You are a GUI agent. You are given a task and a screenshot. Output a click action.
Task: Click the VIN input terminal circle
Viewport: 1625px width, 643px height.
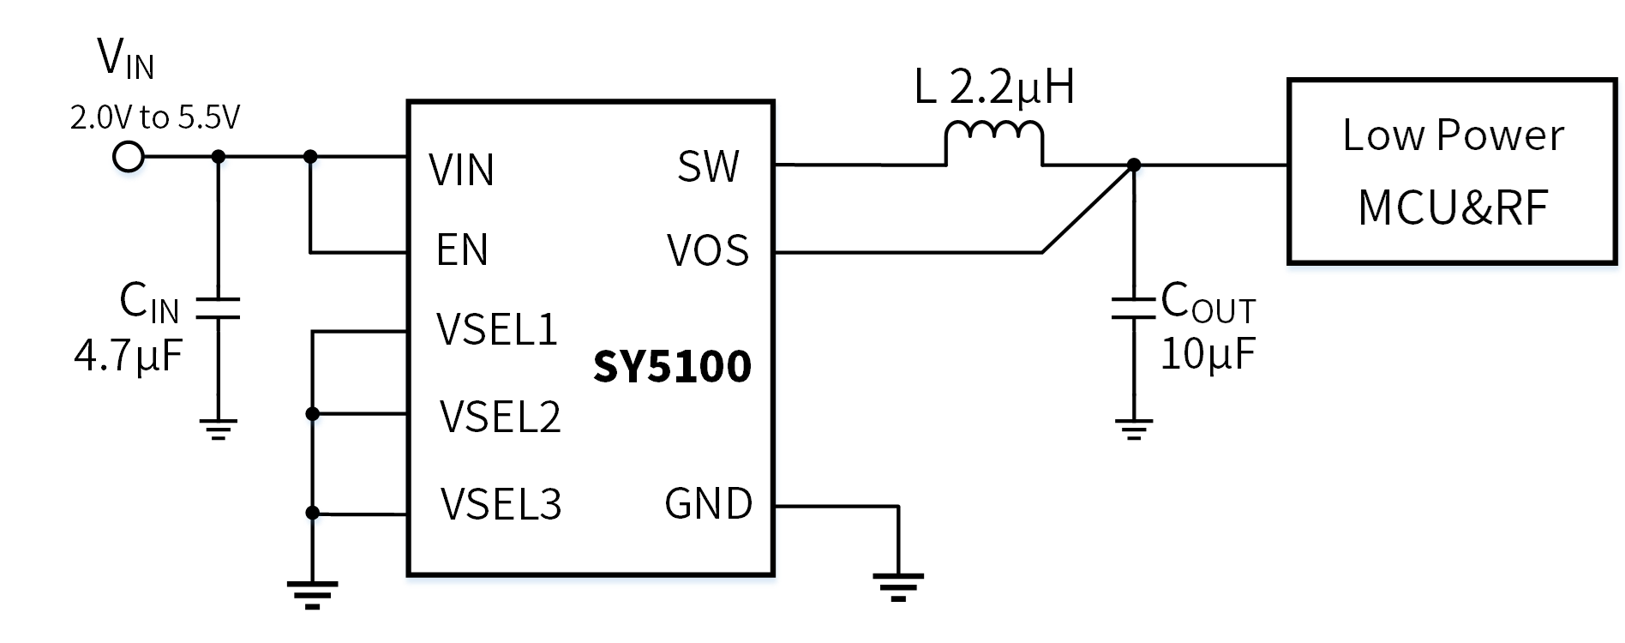[129, 157]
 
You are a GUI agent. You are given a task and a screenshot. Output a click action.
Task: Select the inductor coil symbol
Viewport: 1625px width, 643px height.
[994, 141]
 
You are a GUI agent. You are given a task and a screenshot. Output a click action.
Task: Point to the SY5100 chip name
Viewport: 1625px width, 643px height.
[672, 367]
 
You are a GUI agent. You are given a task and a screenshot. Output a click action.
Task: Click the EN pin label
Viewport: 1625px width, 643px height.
[462, 250]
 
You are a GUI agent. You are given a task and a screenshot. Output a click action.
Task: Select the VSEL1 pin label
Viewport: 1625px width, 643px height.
[497, 329]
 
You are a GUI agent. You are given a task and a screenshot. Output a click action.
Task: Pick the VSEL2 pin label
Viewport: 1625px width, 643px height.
[500, 417]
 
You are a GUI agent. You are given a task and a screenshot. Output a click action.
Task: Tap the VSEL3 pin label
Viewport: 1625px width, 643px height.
[501, 504]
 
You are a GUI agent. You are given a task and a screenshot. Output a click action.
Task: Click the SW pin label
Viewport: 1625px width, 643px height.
[708, 166]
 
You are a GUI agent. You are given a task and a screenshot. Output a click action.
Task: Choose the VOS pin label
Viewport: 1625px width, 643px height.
[708, 250]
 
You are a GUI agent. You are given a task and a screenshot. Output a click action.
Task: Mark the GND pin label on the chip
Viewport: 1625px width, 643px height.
[708, 504]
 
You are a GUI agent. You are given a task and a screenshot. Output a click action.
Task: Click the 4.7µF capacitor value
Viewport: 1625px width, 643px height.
[129, 355]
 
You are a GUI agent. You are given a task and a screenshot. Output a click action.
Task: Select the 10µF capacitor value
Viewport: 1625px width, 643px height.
[1208, 353]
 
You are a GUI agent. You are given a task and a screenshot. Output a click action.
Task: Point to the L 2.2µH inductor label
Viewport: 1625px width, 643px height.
[994, 87]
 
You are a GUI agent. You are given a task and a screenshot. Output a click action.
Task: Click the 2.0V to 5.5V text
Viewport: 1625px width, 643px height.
[155, 117]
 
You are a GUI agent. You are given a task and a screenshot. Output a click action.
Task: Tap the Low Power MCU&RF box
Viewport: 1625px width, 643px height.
[1452, 171]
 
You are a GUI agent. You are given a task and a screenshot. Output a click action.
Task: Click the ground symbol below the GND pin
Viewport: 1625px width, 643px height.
[898, 586]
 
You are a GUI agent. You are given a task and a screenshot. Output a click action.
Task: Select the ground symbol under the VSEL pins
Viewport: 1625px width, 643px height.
[312, 594]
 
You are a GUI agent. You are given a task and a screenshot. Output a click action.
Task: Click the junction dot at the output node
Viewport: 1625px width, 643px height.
[1133, 165]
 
